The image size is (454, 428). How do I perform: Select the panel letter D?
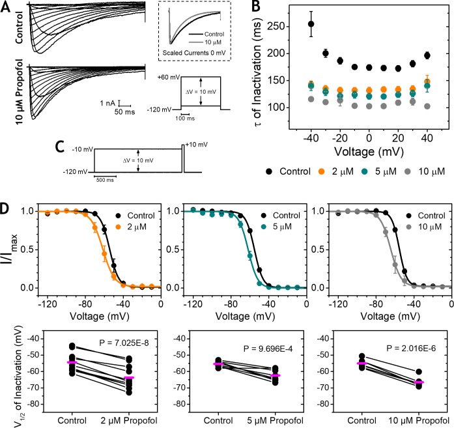[x=8, y=209]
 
